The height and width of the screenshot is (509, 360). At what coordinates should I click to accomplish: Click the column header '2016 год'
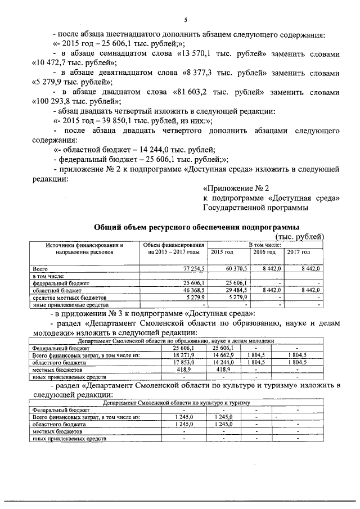(264, 251)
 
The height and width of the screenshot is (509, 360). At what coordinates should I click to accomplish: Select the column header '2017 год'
(299, 251)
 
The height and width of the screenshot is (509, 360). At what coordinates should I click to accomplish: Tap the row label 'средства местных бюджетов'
(70, 296)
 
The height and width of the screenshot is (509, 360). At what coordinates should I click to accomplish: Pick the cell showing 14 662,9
(225, 355)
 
